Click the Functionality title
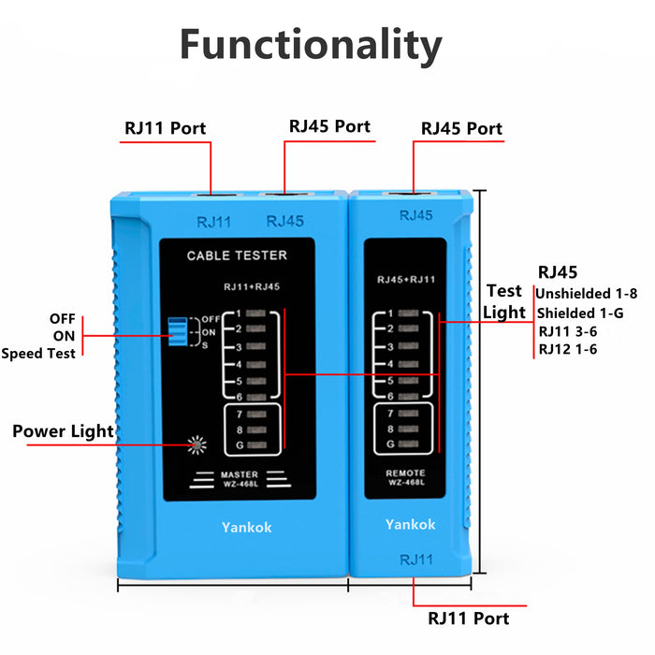pyautogui.click(x=310, y=44)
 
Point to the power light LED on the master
pyautogui.click(x=196, y=444)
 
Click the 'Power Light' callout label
pyautogui.click(x=63, y=431)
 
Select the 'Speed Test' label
pyautogui.click(x=38, y=354)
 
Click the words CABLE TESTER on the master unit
pyautogui.click(x=237, y=255)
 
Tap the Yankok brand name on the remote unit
pyautogui.click(x=410, y=525)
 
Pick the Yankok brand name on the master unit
pyautogui.click(x=246, y=528)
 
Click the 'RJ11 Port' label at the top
pyautogui.click(x=166, y=128)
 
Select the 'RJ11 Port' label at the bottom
pyautogui.click(x=469, y=619)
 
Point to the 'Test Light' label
pyautogui.click(x=505, y=301)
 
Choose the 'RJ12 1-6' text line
pyautogui.click(x=568, y=349)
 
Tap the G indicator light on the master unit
pyautogui.click(x=258, y=445)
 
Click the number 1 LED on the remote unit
pyautogui.click(x=409, y=313)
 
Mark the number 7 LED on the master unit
pyautogui.click(x=258, y=412)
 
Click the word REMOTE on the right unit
pyautogui.click(x=405, y=473)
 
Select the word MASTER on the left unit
pyautogui.click(x=239, y=475)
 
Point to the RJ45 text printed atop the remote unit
pyautogui.click(x=416, y=215)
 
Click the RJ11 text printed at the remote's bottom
pyautogui.click(x=415, y=560)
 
